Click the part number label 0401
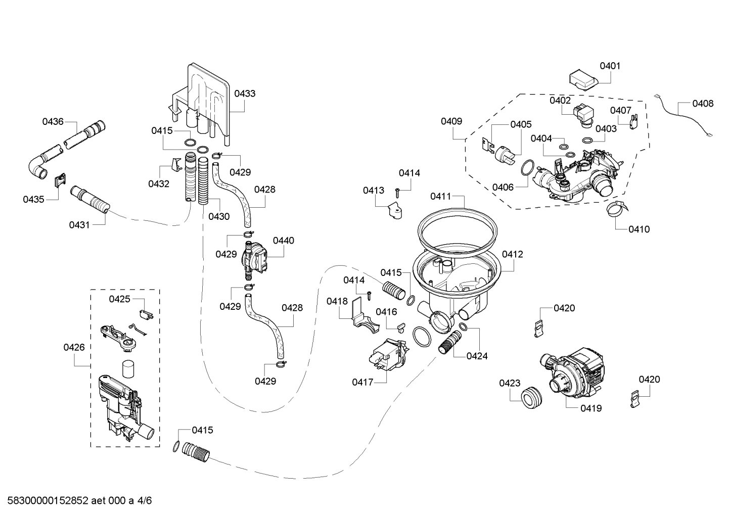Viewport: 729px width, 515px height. [x=610, y=66]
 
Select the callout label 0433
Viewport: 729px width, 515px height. [x=245, y=93]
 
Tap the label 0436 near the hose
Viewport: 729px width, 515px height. [x=53, y=121]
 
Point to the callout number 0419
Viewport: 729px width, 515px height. [x=591, y=408]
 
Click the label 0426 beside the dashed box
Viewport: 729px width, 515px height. [x=74, y=347]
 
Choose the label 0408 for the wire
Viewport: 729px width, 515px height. [x=703, y=104]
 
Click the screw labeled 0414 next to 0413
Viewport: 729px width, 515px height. [x=397, y=192]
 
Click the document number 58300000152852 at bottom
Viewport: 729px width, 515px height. [x=45, y=501]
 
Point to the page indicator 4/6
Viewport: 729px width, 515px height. [x=145, y=501]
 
